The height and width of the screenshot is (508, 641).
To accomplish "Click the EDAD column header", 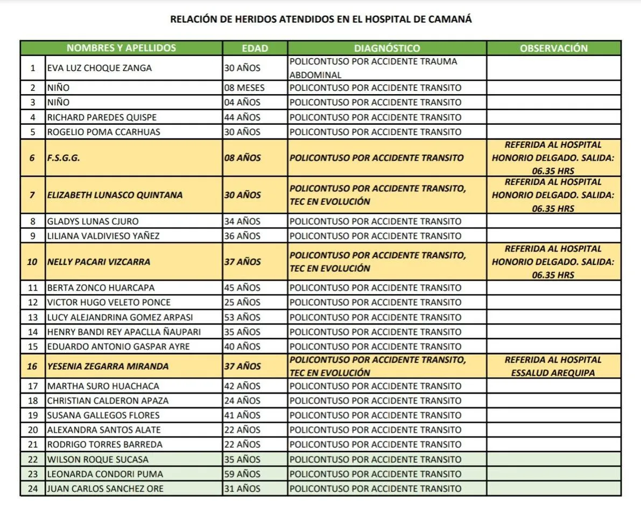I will click(255, 48).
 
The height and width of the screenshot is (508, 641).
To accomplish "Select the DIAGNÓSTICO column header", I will click(387, 48).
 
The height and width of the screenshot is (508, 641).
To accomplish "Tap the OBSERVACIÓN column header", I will click(554, 48).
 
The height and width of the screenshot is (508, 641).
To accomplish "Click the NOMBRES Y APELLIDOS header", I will click(121, 48).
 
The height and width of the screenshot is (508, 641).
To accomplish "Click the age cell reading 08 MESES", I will click(244, 88).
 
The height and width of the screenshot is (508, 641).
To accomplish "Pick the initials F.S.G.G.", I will click(64, 158).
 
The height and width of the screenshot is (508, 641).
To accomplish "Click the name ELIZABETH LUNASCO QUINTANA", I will click(115, 195).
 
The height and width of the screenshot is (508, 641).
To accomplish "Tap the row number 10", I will click(33, 262).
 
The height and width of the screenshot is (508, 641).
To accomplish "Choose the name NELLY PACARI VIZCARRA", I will click(98, 262).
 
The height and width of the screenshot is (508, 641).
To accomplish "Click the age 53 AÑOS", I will click(242, 317).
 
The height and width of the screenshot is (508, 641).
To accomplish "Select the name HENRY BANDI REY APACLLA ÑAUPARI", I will click(124, 332).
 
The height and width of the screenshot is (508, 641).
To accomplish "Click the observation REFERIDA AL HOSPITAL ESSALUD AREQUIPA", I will click(553, 366).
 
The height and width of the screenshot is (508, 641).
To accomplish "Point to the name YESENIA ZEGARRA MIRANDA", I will click(108, 366).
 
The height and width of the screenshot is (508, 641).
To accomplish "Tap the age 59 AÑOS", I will click(242, 474).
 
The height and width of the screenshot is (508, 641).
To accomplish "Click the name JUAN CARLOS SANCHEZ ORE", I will click(105, 489).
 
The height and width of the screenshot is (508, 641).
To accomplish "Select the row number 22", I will click(33, 460).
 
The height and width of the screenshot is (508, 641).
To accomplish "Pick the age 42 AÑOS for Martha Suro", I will click(242, 386).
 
